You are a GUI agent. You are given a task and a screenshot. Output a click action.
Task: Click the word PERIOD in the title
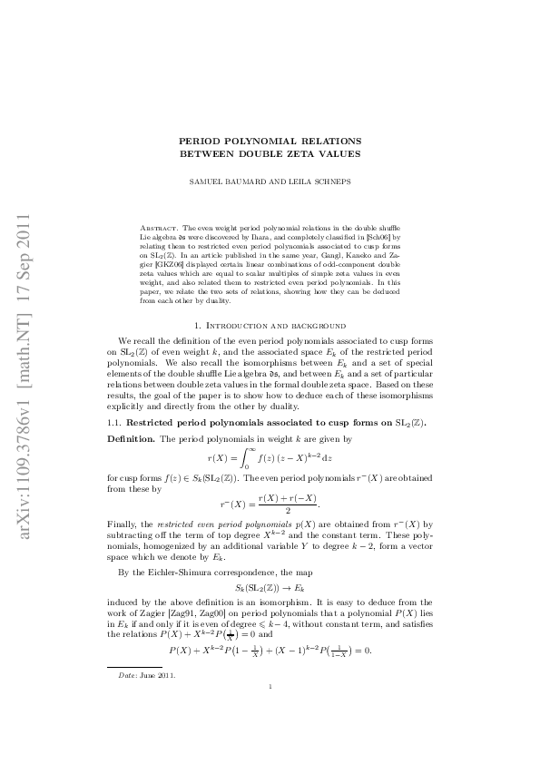(202, 141)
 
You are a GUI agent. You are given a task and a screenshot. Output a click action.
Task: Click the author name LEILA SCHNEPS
(319, 181)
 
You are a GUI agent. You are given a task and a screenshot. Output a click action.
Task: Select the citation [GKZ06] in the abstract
(177, 269)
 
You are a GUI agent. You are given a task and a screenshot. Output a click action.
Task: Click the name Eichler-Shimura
(179, 573)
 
